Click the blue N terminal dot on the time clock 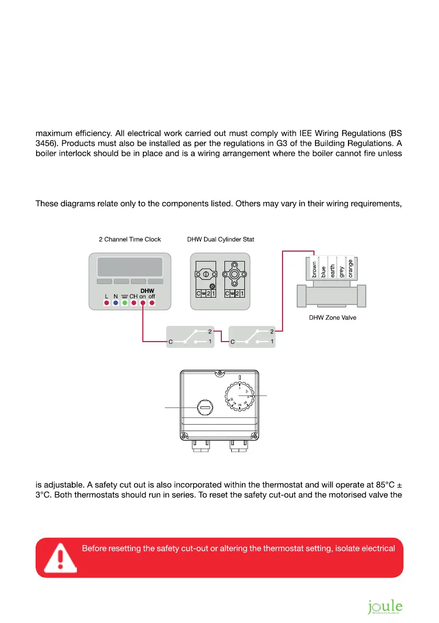click(115, 303)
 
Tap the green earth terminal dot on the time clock click(125, 303)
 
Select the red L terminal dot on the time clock click(106, 303)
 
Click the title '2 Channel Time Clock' click(130, 240)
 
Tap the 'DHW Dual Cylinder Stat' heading click(220, 240)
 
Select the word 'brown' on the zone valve click(314, 269)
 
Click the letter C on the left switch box click(171, 342)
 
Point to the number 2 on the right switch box click(272, 331)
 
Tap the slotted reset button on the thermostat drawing click(205, 407)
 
